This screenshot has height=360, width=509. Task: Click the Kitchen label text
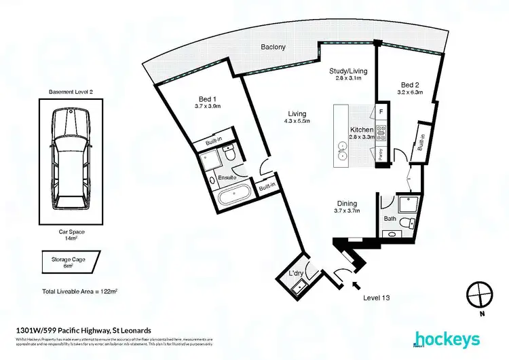coord(361,129)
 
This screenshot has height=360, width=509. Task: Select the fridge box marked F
coord(381,111)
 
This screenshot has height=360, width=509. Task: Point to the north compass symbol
coord(479,293)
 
